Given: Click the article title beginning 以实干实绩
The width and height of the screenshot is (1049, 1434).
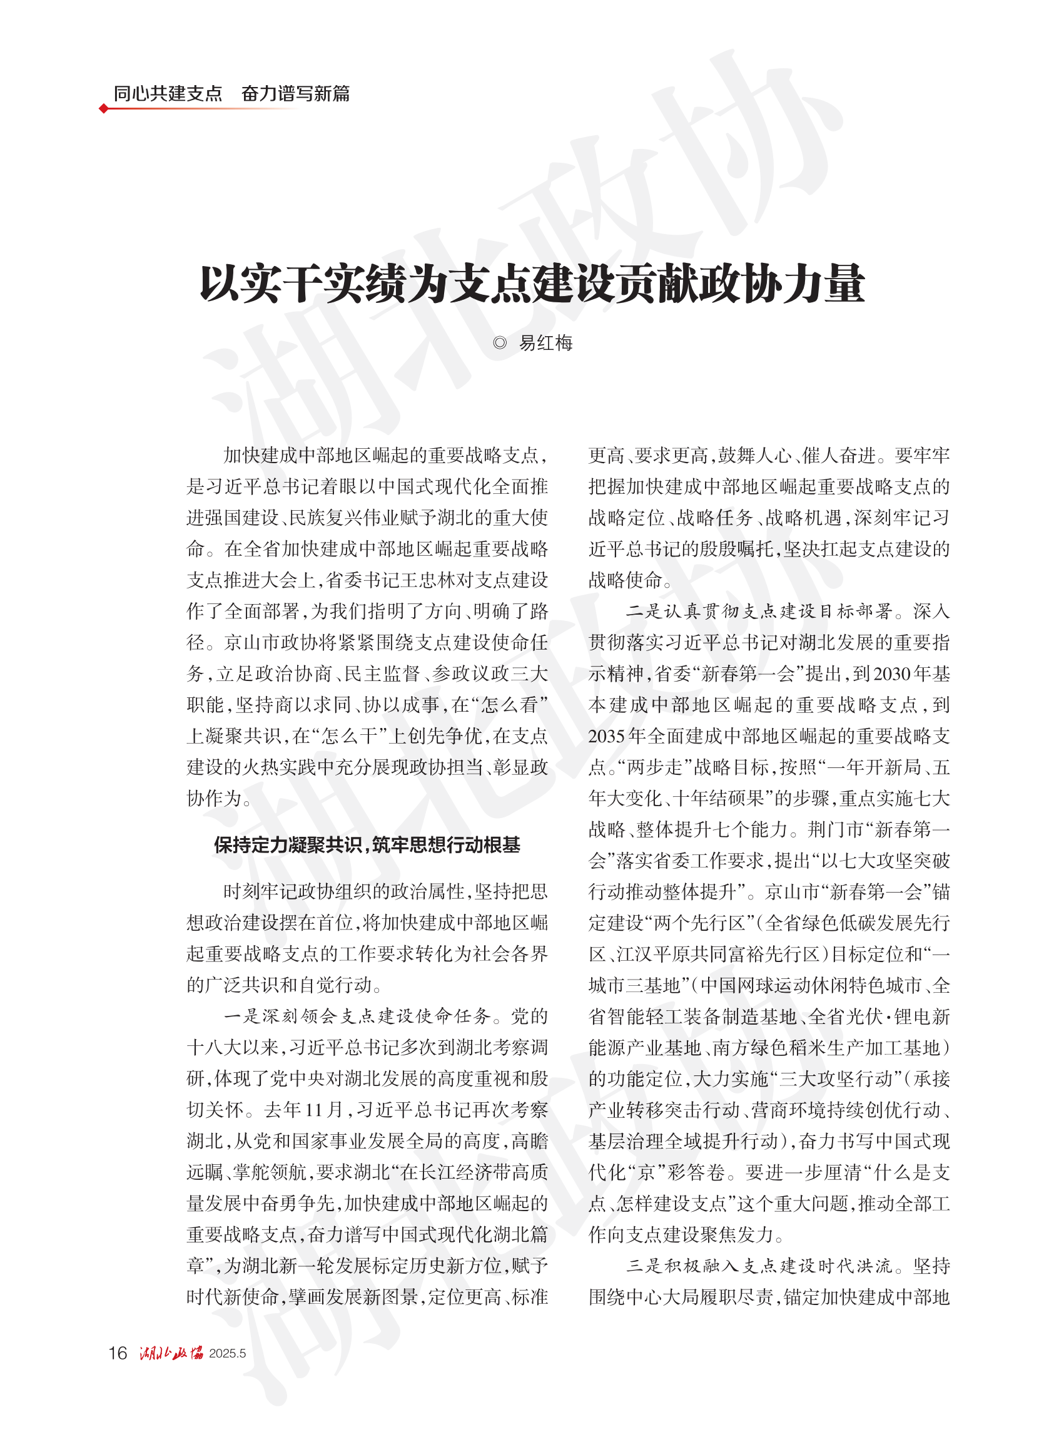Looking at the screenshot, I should coord(532,284).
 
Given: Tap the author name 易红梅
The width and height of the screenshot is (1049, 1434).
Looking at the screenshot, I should coord(545,344).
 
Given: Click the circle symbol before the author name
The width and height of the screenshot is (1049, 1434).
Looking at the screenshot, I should coord(500,344).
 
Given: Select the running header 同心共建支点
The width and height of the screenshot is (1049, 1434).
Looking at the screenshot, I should coord(168,94).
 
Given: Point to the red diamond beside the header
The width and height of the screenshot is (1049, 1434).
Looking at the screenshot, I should coord(103,109).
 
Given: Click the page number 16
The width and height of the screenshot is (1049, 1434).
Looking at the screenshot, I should coord(118,1353).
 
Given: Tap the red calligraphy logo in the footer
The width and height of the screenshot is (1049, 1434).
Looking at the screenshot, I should coord(171,1353).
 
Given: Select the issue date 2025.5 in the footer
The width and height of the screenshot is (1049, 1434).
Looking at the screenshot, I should coord(227,1353).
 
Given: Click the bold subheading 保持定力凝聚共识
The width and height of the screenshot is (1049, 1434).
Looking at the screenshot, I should coord(367,845).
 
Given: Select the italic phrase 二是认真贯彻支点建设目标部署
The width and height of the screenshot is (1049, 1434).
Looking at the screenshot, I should coord(759,611).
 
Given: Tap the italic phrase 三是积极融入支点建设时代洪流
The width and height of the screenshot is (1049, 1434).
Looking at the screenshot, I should coord(759,1266).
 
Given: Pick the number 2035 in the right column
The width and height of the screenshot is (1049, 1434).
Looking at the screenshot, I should coord(607,735).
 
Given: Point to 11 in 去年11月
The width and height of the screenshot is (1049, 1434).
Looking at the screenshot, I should coord(313,1110).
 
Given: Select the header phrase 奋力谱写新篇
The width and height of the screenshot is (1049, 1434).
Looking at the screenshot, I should coord(295,94).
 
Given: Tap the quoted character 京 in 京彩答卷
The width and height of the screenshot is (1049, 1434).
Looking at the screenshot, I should coord(646,1172).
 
